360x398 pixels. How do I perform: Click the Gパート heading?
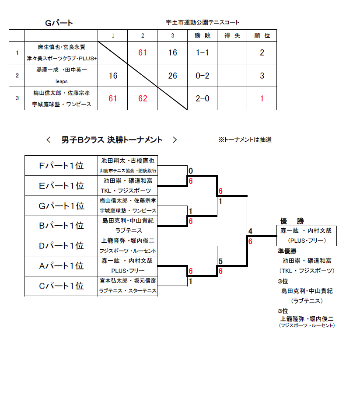[x=59, y=23]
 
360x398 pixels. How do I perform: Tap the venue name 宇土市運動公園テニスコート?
[x=203, y=22]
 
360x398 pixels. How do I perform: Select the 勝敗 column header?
[x=203, y=35]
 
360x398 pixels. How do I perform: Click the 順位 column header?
[x=262, y=35]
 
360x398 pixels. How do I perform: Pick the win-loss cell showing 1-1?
[x=203, y=52]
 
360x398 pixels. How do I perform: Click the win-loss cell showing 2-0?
[x=203, y=98]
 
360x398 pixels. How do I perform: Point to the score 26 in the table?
[x=173, y=76]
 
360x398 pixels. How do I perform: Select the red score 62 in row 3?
[x=143, y=98]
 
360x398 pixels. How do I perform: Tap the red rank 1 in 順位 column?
[x=262, y=98]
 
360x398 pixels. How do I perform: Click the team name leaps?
[x=61, y=81]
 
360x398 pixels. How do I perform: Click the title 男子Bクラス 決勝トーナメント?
[x=112, y=140]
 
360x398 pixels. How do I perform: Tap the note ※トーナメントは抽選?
[x=245, y=140]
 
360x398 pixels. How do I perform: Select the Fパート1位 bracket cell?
[x=61, y=165]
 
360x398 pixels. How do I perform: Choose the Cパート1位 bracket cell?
[x=61, y=286]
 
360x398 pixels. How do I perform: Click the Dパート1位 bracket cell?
[x=61, y=246]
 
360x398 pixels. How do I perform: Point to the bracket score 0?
[x=191, y=171]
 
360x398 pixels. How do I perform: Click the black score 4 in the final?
[x=250, y=231]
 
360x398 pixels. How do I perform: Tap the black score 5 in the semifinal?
[x=220, y=261]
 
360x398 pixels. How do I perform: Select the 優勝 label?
[x=292, y=221]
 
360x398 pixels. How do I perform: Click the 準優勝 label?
[x=287, y=251]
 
